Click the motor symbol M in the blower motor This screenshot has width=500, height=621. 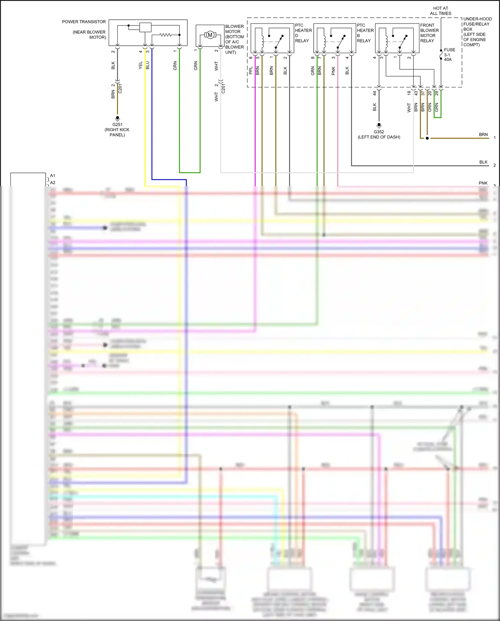point(210,35)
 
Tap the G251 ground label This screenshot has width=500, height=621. point(117,124)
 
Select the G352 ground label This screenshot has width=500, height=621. point(379,132)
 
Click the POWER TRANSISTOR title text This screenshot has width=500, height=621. point(84,22)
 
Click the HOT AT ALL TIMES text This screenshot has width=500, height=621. point(440,11)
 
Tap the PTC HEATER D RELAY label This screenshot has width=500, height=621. point(303,33)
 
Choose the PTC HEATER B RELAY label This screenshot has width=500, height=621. point(365,33)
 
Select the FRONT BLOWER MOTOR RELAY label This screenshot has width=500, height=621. point(429,33)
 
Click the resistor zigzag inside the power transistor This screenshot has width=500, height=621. point(165,35)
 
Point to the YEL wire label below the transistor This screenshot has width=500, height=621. point(141,65)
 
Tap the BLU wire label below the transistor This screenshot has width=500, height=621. point(148,65)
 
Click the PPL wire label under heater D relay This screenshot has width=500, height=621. point(251,70)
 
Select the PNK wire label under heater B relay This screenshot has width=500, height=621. point(333,71)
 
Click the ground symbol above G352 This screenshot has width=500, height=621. point(379,126)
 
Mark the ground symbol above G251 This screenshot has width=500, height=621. point(117,118)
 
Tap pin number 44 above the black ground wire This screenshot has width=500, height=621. point(374,93)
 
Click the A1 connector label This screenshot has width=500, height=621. point(53,176)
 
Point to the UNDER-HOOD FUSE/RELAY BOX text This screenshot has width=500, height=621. point(477,32)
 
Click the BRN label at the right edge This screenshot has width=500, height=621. point(483,134)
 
